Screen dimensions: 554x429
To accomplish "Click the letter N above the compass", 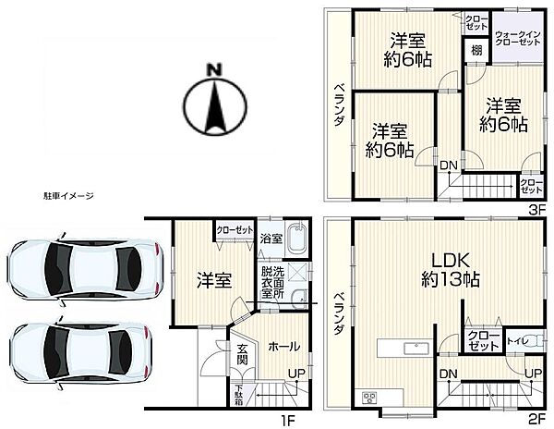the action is [x=214, y=69].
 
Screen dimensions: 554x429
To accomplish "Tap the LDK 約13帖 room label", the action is [x=451, y=269].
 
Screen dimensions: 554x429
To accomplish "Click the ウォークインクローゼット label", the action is [x=518, y=38].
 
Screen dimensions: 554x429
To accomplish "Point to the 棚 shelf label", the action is [x=476, y=51].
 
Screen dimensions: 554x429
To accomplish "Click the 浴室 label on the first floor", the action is [x=271, y=239].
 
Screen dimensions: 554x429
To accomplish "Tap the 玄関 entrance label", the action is [x=242, y=354].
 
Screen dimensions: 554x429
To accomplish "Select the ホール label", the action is [x=284, y=346].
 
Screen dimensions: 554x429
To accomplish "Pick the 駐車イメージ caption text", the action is [x=68, y=196].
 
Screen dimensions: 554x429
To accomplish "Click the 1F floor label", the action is [x=287, y=421].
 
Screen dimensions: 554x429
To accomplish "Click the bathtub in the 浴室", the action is [x=296, y=239].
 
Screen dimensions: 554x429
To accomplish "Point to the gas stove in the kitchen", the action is [x=369, y=398].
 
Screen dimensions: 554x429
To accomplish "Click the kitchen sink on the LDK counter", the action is [x=416, y=349].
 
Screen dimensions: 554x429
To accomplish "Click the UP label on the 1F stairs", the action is [x=296, y=373].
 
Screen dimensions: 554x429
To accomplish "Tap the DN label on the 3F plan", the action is [x=449, y=165].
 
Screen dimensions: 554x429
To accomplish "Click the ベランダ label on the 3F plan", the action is [x=339, y=104].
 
